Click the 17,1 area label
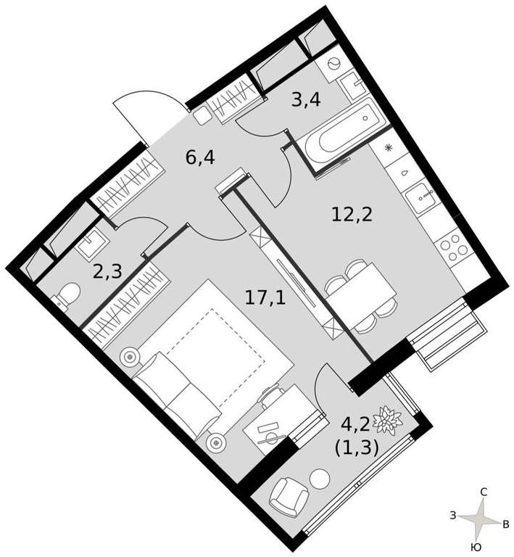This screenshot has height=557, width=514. click(x=265, y=297)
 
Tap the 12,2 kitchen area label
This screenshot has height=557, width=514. click(x=352, y=215)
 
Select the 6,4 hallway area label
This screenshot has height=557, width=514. click(x=200, y=157)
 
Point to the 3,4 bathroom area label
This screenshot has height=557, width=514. click(x=306, y=100)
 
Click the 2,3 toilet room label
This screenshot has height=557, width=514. click(x=107, y=272)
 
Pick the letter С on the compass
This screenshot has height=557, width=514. click(x=483, y=492)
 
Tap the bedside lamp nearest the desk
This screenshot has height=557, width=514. click(x=215, y=443)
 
